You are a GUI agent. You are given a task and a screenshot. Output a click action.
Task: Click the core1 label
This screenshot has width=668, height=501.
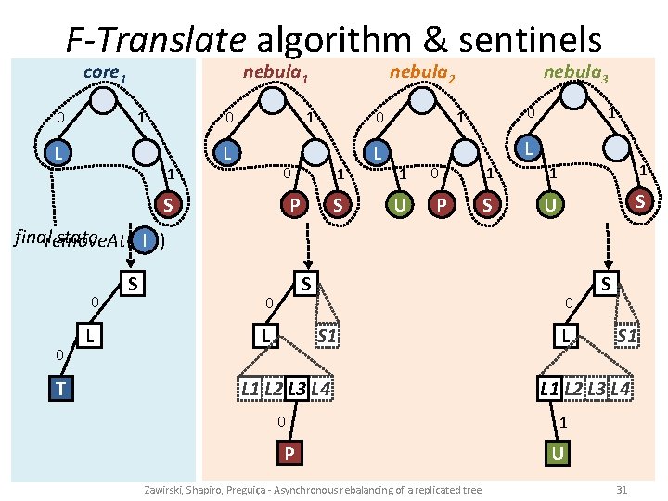click(x=104, y=72)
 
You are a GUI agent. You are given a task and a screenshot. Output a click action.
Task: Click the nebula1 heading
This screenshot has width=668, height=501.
click(x=276, y=72)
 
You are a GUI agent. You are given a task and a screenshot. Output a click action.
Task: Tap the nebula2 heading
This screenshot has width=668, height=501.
click(x=422, y=72)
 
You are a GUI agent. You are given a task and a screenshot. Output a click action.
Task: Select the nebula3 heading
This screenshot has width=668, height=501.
click(x=576, y=72)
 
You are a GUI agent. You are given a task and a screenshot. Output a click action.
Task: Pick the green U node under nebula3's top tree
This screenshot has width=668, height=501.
click(x=550, y=201)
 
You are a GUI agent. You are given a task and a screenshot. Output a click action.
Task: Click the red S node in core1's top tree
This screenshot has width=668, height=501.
click(x=168, y=204)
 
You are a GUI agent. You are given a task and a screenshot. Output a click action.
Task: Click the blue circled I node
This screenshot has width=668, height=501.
click(x=146, y=240)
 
